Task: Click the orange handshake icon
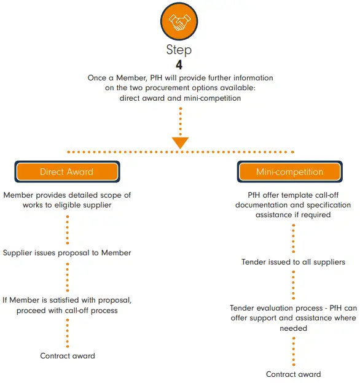click(x=180, y=23)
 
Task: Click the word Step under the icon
click(x=180, y=50)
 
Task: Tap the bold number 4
click(x=180, y=64)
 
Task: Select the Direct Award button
click(x=67, y=172)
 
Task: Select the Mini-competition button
click(x=289, y=172)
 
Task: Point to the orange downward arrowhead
click(x=180, y=142)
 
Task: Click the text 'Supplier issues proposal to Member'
click(x=67, y=252)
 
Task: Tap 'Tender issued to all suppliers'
click(x=293, y=262)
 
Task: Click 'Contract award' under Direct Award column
click(x=68, y=355)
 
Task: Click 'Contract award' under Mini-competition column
click(x=293, y=374)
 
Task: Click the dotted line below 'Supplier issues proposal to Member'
click(x=67, y=274)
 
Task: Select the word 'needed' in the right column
click(x=293, y=328)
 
